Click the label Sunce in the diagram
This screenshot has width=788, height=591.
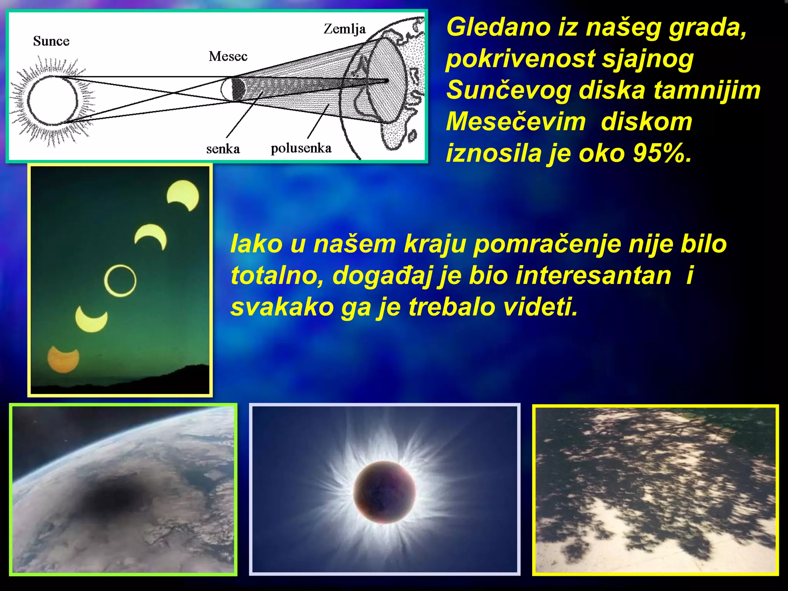pos(51,41)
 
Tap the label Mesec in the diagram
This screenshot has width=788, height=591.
pos(228,57)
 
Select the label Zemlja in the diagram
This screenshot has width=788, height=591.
pos(344,29)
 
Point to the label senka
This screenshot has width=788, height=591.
pos(223,149)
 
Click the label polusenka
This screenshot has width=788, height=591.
pos(301,148)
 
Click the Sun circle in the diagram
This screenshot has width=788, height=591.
pos(52,101)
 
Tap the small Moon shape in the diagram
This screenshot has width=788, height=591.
pos(233,89)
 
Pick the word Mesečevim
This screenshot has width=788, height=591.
pos(516,122)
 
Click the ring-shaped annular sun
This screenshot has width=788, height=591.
pos(120,280)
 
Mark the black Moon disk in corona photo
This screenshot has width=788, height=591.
pos(384,492)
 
